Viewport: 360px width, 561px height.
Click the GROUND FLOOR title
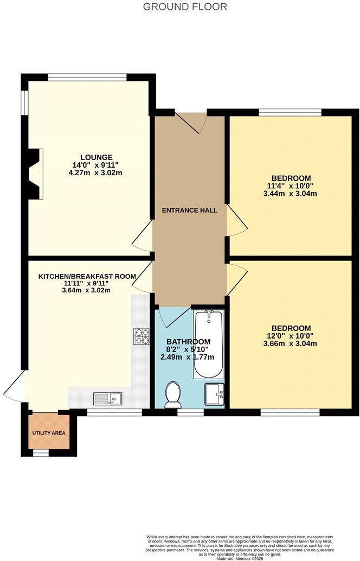[x=185, y=7]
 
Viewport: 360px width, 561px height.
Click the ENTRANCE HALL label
[x=190, y=210]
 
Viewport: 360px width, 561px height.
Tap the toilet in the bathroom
[x=173, y=394]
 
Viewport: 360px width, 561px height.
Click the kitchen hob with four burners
[x=141, y=336]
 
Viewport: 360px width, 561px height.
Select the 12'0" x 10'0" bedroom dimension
[x=291, y=336]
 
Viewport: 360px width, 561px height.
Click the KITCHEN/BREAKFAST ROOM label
[x=87, y=276]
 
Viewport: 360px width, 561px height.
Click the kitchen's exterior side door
[x=14, y=386]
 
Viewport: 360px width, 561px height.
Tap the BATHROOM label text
[x=188, y=341]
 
